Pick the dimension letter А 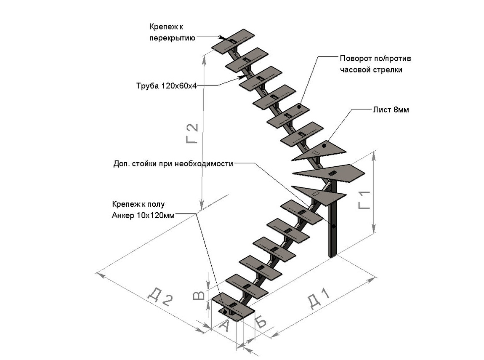224,326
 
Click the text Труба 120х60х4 166,86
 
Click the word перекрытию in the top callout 172,38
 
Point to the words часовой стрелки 371,70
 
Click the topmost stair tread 234,41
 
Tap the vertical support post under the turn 333,229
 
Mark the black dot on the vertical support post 333,227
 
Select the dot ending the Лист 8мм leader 324,145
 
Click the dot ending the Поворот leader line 299,107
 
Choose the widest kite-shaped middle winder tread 328,173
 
